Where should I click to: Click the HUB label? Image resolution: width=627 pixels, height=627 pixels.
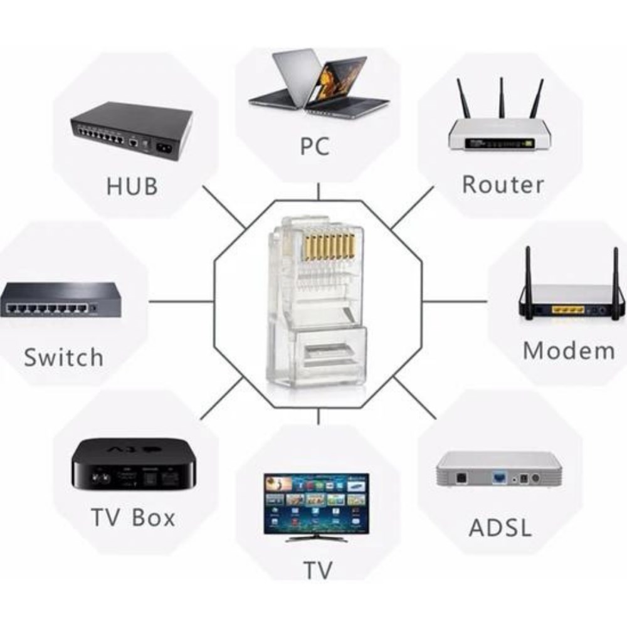132,186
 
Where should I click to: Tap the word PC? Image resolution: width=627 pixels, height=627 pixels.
314,146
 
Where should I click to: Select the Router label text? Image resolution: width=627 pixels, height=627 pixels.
502,184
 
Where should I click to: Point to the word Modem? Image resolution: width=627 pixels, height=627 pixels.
568,350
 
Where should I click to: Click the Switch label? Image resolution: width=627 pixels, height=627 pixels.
63,357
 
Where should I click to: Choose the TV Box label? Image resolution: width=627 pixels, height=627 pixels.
133,518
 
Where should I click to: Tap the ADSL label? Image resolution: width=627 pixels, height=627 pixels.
500,527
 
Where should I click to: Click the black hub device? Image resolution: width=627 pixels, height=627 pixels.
130,134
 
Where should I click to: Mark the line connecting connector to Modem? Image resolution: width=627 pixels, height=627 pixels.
455,301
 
